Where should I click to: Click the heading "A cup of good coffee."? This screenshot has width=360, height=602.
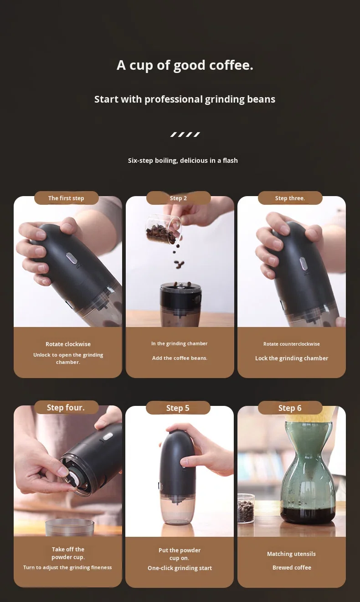(185, 65)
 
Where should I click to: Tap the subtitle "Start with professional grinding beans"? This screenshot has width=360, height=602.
(185, 99)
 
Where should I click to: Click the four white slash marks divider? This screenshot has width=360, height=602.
(185, 135)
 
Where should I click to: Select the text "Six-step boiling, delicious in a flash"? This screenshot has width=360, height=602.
(183, 161)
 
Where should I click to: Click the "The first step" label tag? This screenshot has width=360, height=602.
(66, 198)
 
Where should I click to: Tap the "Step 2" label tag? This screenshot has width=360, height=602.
(178, 198)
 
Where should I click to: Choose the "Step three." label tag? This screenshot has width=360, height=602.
(290, 198)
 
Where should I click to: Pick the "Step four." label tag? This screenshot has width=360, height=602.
(66, 407)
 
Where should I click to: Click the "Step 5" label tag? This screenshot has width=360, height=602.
(178, 408)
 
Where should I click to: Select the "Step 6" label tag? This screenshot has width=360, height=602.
(290, 408)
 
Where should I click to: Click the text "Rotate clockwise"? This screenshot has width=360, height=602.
(68, 344)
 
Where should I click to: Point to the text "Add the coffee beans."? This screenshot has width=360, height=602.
(180, 358)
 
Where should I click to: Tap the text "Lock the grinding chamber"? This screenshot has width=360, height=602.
(292, 358)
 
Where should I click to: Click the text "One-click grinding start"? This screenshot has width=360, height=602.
(180, 568)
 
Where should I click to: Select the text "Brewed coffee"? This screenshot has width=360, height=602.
(292, 568)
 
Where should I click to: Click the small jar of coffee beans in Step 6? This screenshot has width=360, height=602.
(246, 508)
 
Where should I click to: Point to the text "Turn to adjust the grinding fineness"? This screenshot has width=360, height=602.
(67, 568)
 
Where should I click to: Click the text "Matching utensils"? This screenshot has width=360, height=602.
(291, 554)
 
